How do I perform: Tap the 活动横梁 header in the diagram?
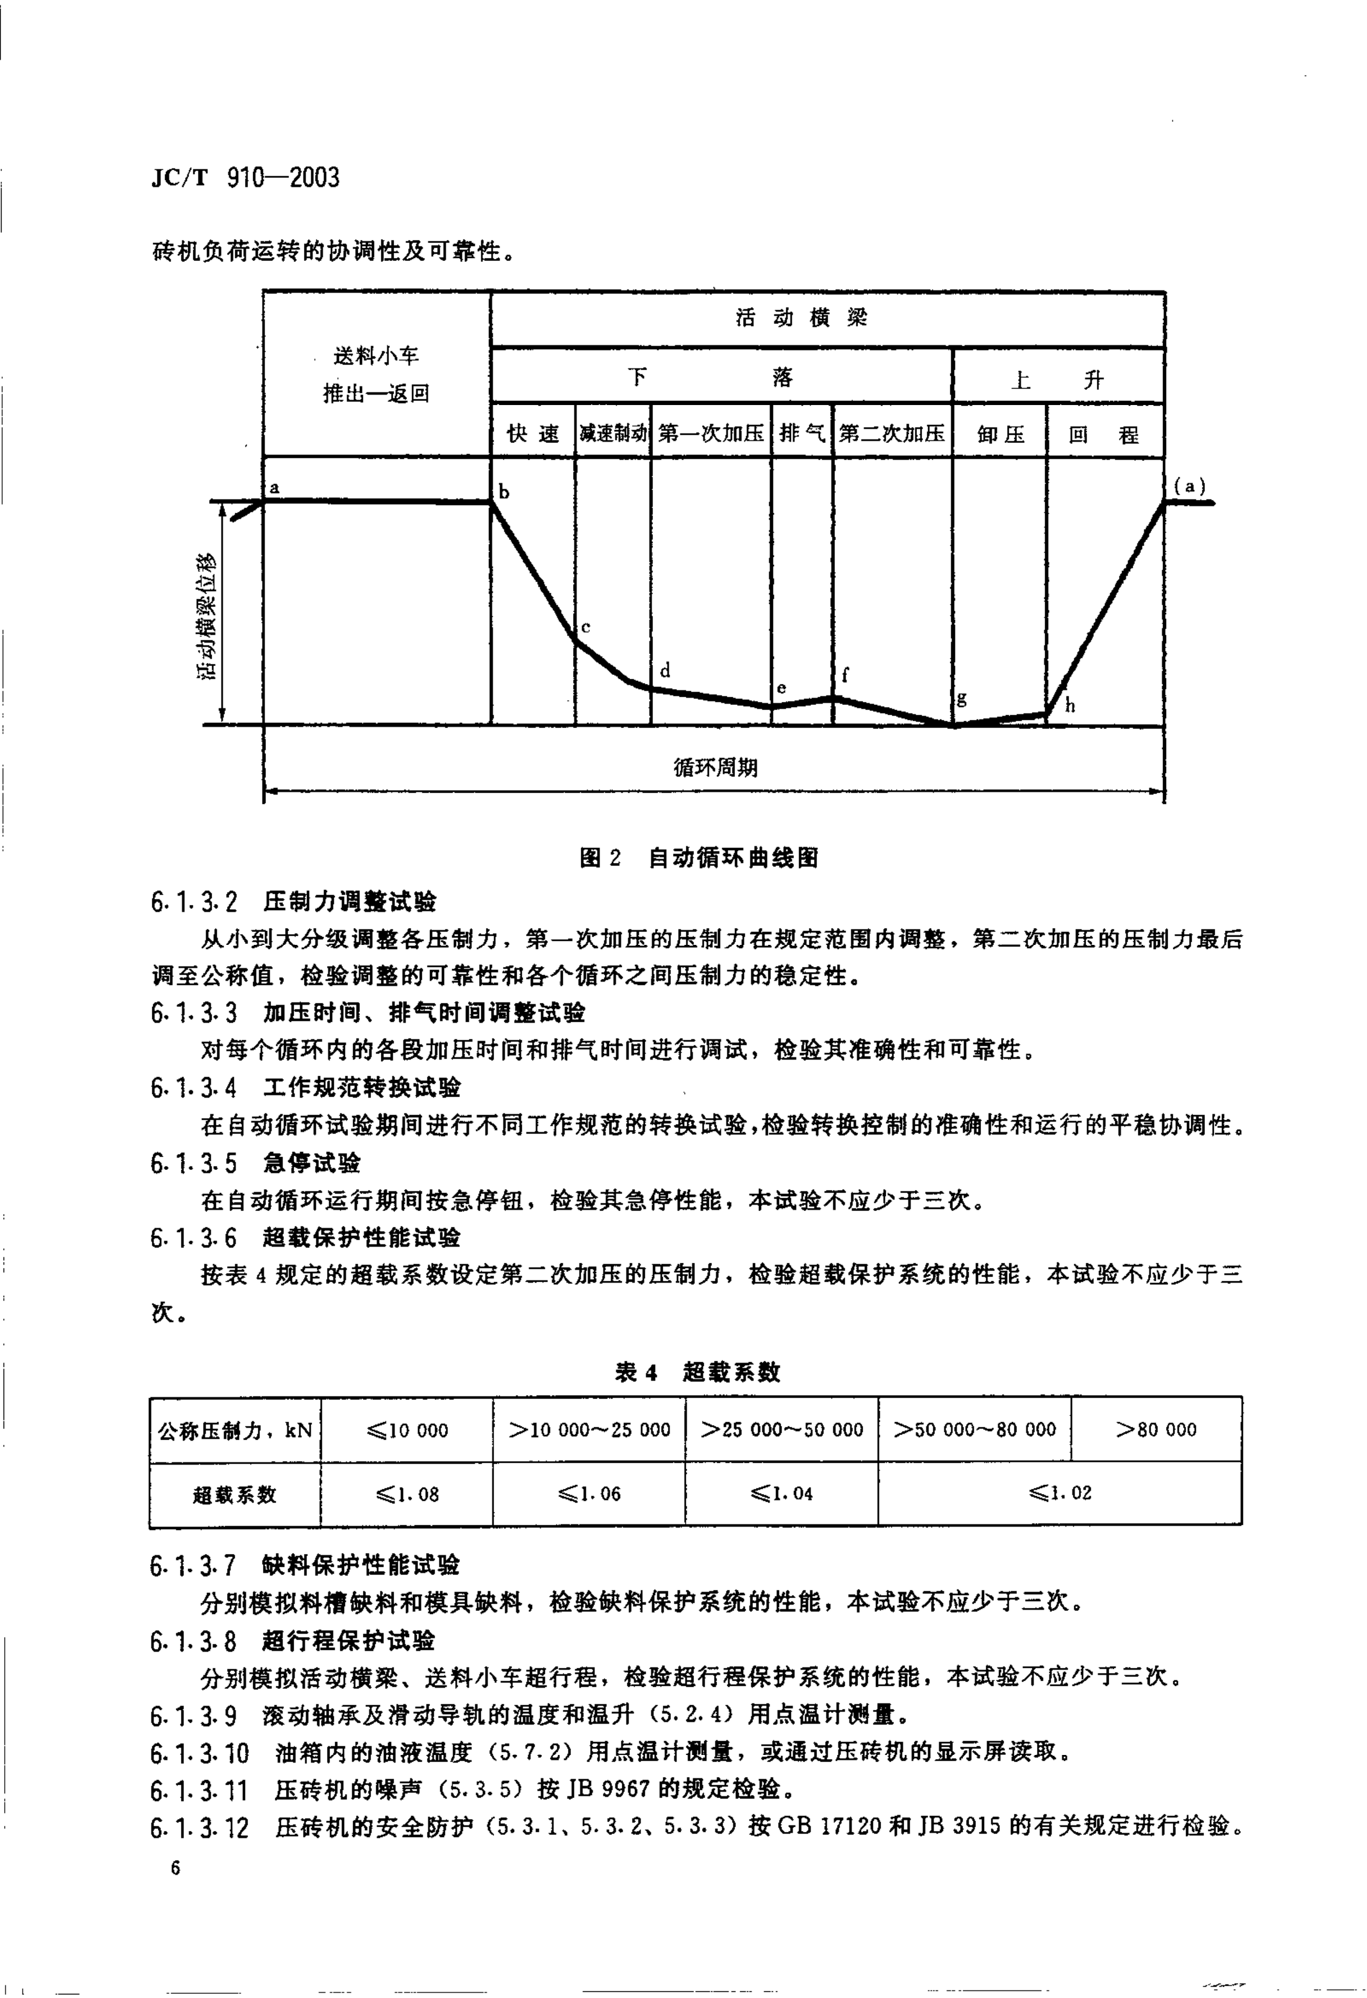[801, 318]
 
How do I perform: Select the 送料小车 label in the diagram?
[376, 356]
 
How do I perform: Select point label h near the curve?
[1070, 707]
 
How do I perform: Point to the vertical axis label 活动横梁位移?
[207, 616]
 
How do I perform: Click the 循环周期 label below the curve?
[716, 768]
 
